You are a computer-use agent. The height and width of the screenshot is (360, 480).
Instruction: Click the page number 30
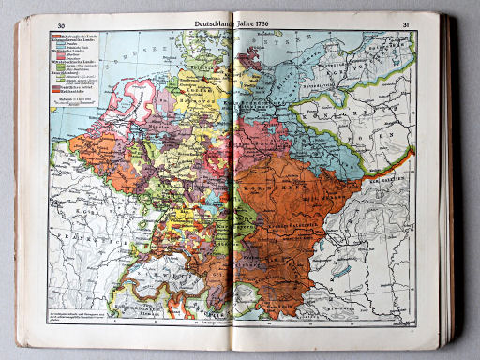62,25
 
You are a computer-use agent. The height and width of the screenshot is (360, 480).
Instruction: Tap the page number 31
406,24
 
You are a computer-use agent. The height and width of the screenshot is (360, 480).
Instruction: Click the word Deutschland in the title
216,23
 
